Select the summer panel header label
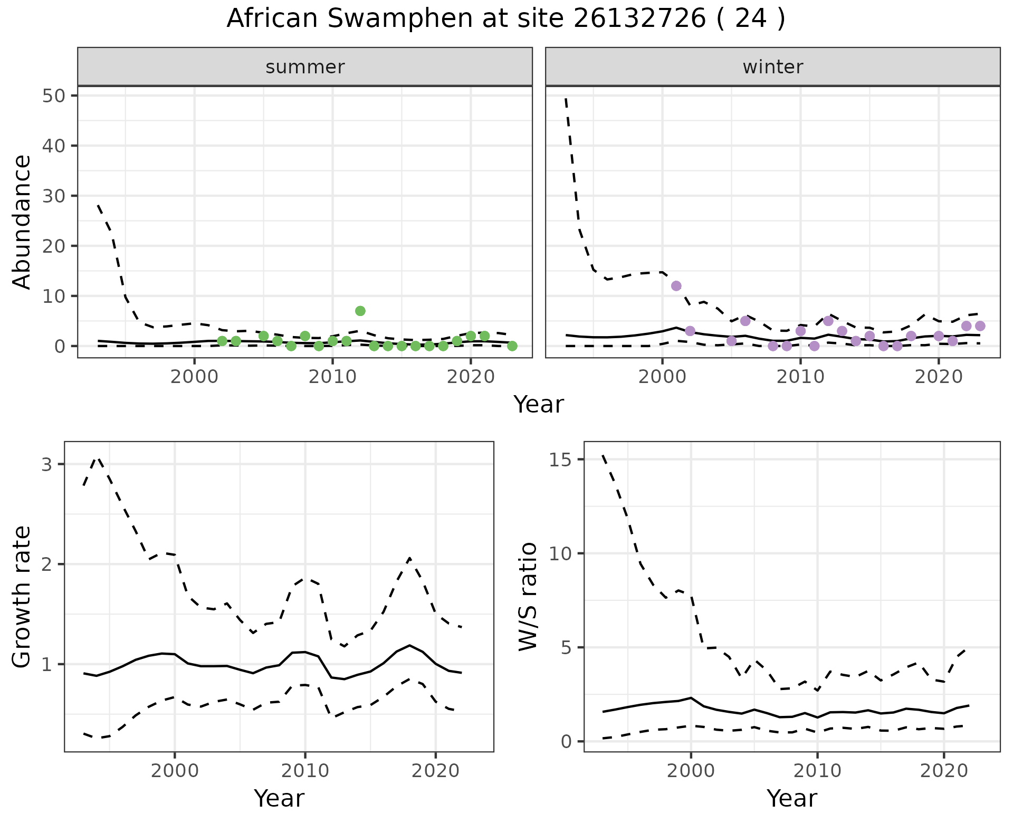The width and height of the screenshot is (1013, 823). click(305, 67)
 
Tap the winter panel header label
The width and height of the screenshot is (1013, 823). click(772, 67)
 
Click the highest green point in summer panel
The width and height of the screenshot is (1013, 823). click(360, 311)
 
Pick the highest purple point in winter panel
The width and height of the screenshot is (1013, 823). click(676, 286)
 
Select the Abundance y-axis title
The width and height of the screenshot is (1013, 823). click(22, 222)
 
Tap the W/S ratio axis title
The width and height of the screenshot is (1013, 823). click(528, 597)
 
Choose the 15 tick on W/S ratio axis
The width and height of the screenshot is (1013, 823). click(563, 460)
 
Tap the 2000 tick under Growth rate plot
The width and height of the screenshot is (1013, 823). click(175, 771)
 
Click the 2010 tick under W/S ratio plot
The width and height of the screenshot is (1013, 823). click(817, 771)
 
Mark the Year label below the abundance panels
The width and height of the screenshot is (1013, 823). click(539, 405)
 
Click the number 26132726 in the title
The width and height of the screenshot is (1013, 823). click(639, 19)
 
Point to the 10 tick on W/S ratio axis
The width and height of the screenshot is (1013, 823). click(563, 553)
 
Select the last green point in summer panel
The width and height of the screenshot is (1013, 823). click(512, 346)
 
